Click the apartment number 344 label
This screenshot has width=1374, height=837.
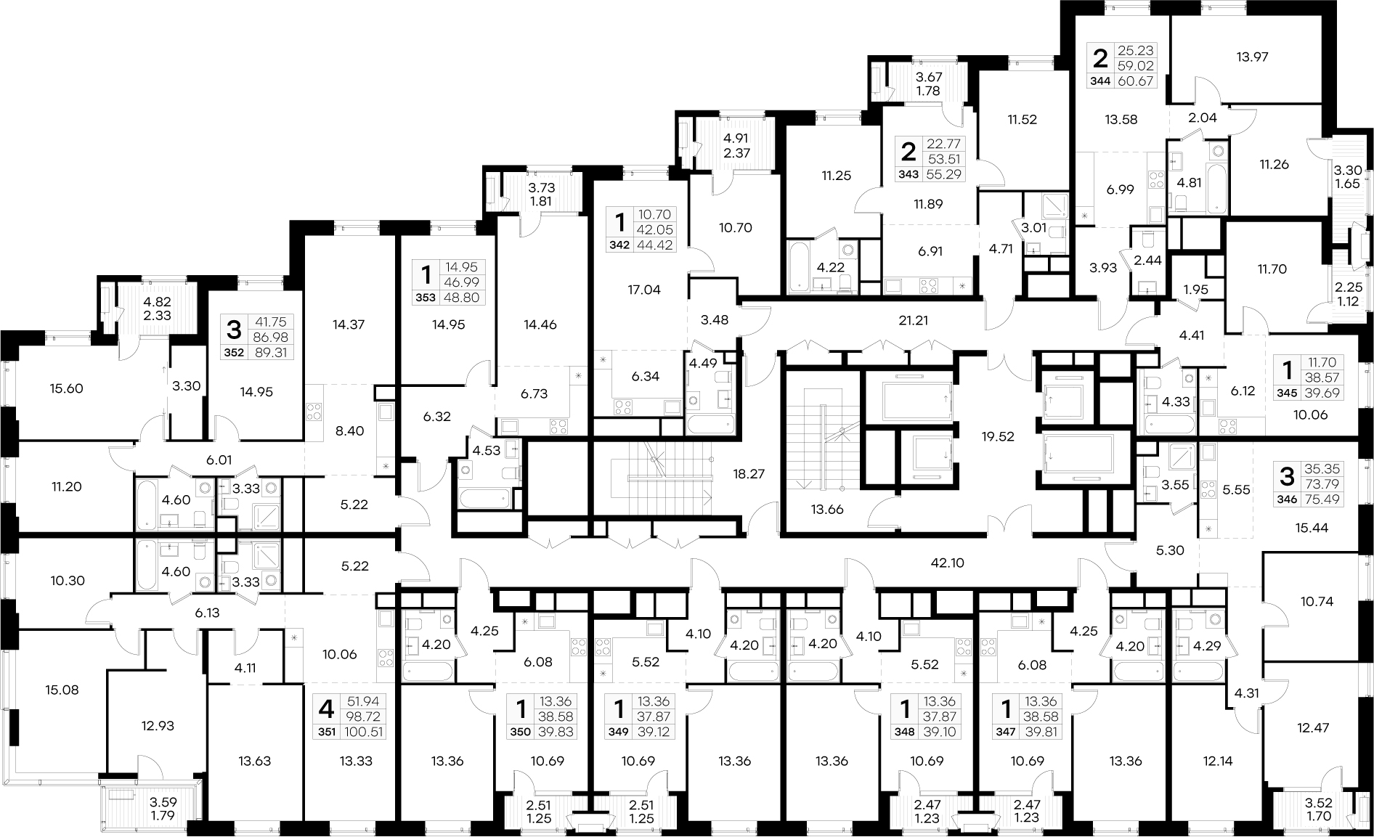tap(1101, 81)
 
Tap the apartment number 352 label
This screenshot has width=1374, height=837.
tap(233, 354)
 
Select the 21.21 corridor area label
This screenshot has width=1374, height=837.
tap(913, 319)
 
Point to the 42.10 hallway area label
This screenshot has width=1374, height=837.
tap(948, 563)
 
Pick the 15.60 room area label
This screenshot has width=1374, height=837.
tap(66, 388)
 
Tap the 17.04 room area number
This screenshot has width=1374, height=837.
tap(643, 290)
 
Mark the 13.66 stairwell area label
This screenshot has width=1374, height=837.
tap(826, 510)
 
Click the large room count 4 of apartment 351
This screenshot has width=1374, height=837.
tap(326, 707)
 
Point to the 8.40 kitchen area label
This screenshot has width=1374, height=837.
tap(349, 430)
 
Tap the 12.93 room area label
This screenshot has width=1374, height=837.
tap(157, 725)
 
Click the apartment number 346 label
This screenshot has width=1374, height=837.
tap(1285, 499)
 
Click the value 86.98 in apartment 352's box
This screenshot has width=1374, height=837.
tap(267, 338)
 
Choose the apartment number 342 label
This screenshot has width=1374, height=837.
tap(619, 245)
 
